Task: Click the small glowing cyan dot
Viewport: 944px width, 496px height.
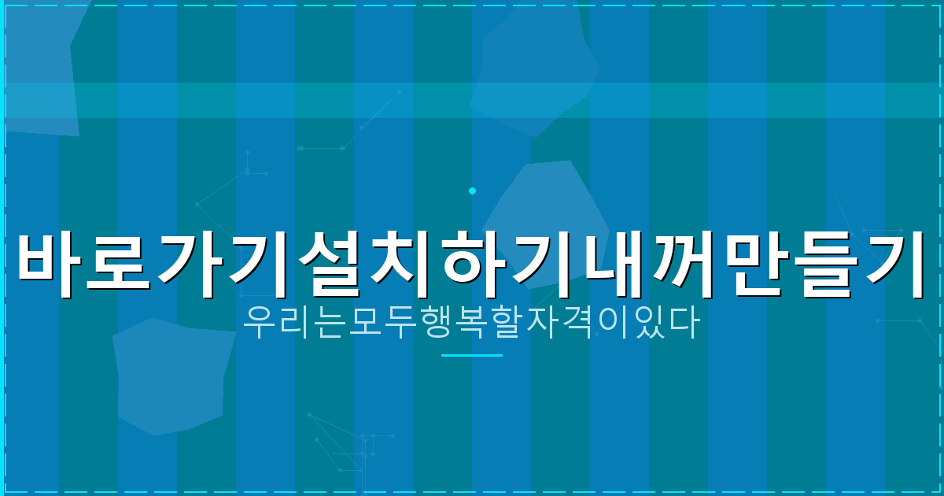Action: coord(472,191)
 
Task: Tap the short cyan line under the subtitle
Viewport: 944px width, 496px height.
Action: coord(472,355)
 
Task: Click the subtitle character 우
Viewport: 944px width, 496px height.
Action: coord(260,323)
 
